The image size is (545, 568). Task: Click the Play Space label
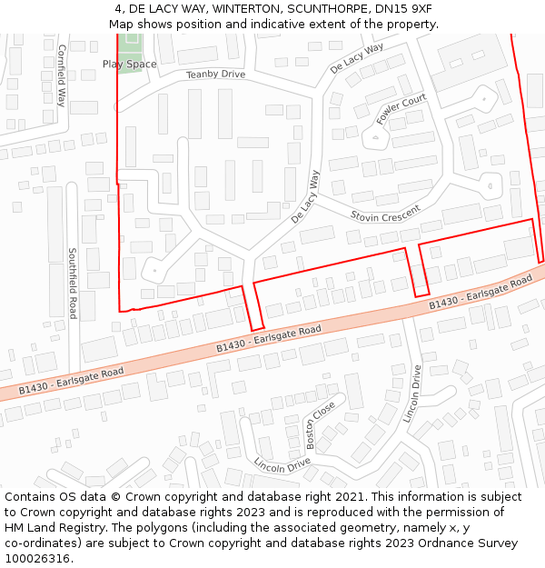[x=129, y=65]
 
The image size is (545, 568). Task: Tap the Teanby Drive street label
[x=215, y=75]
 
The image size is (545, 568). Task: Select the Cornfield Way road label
[x=62, y=75]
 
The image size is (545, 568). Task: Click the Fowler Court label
[x=401, y=109]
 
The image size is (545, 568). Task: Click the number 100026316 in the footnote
[x=37, y=559]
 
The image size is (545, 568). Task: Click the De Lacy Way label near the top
[x=357, y=57]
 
